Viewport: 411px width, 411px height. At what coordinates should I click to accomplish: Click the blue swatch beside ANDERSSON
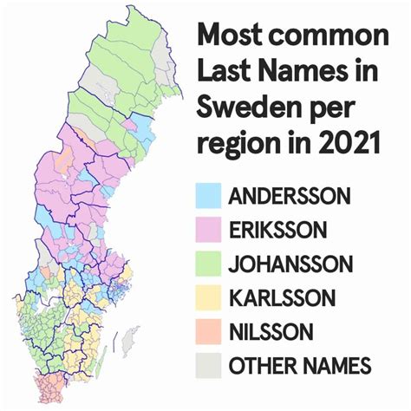(208, 195)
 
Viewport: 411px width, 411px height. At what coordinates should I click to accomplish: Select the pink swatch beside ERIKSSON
(208, 230)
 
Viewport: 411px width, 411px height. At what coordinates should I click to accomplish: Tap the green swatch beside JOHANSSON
(208, 264)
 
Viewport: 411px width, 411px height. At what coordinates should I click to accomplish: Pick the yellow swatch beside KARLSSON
(208, 297)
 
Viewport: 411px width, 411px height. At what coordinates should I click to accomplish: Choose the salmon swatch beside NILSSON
(208, 331)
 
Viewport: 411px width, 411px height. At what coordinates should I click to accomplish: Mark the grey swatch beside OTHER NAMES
(208, 365)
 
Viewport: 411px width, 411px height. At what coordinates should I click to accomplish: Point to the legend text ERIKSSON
(277, 230)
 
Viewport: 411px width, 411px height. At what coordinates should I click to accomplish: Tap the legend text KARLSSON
(282, 297)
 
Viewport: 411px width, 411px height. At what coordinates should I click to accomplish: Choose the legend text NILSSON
(271, 331)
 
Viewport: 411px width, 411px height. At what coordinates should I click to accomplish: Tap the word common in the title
(329, 38)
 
